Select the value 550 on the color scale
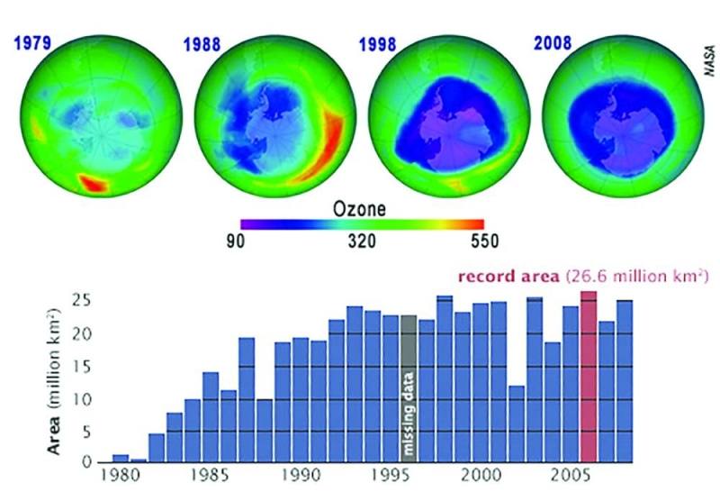[482, 241]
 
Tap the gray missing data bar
[409, 387]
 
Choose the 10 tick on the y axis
[85, 399]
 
